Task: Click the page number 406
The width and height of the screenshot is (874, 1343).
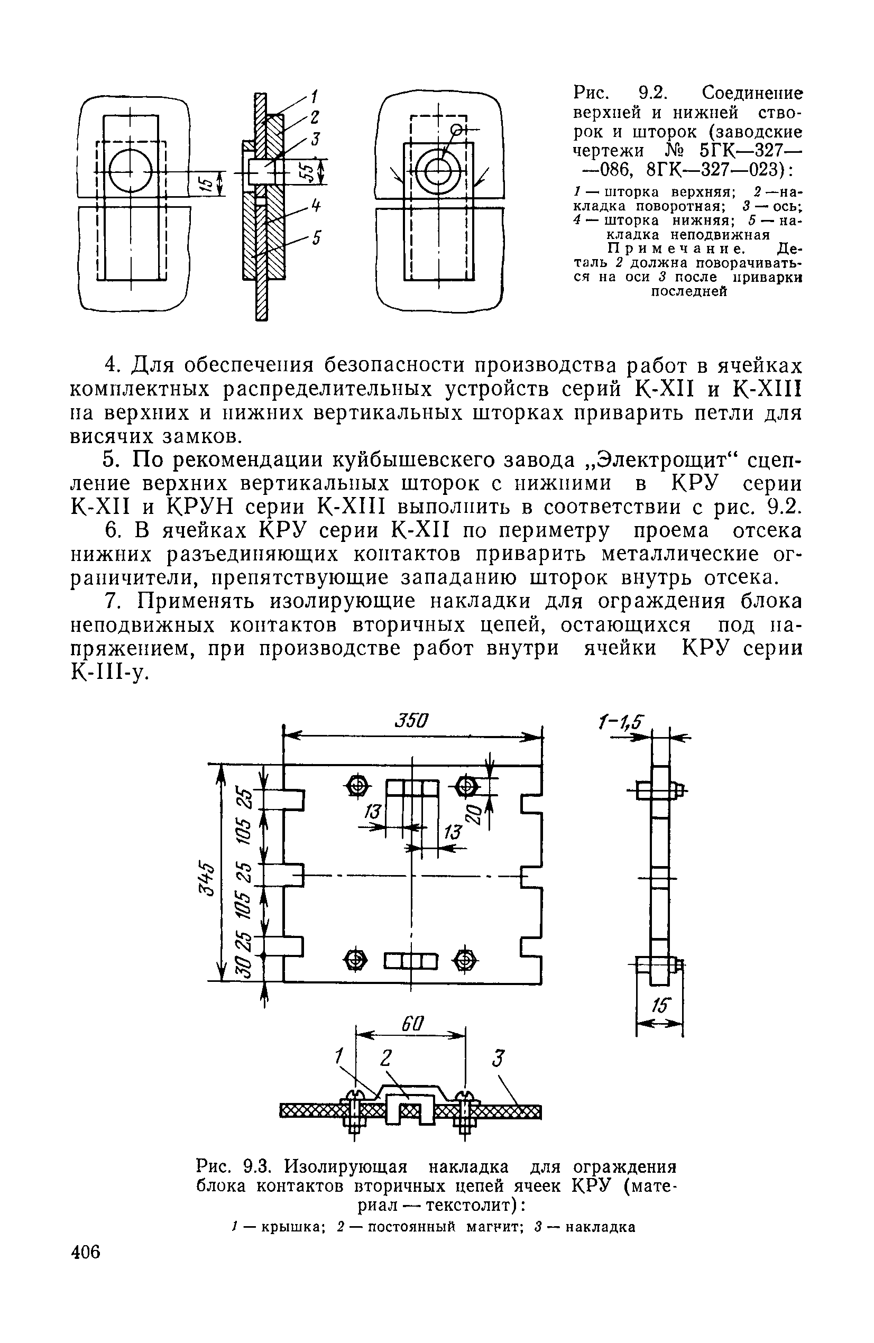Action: (86, 1266)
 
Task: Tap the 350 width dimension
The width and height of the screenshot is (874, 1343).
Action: (411, 721)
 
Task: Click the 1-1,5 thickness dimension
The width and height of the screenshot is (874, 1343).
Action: (621, 722)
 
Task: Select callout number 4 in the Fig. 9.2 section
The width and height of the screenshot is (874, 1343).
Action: (317, 207)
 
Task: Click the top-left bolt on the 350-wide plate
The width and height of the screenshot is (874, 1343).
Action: (357, 786)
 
